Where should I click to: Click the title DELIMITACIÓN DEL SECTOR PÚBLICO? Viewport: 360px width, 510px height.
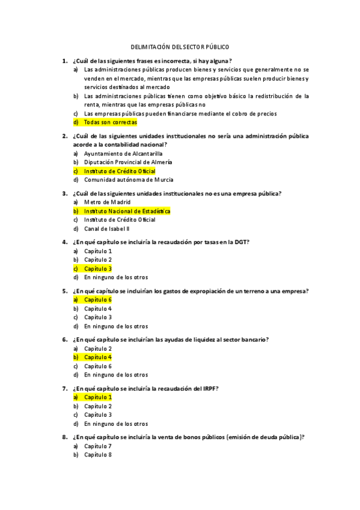(180, 46)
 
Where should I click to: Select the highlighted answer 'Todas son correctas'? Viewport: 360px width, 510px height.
(111, 122)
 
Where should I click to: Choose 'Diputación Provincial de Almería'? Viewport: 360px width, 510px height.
(128, 162)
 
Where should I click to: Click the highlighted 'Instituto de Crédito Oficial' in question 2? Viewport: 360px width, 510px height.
(120, 171)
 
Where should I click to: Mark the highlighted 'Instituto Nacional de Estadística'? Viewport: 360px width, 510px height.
(127, 211)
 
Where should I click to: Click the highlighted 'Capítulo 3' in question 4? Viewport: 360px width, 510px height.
(97, 268)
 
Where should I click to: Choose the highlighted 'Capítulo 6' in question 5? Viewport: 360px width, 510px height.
(97, 300)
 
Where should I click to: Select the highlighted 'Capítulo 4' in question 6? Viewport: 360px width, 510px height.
(97, 357)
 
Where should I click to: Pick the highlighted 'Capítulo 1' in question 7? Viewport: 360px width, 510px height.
(97, 397)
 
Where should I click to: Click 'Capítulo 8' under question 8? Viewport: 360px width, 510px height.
(97, 455)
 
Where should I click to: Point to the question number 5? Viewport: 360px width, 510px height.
(64, 291)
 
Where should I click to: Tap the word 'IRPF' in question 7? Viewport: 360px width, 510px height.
(205, 389)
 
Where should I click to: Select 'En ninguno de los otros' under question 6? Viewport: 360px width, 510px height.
(115, 375)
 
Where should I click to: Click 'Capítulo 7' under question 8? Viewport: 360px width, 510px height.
(97, 446)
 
